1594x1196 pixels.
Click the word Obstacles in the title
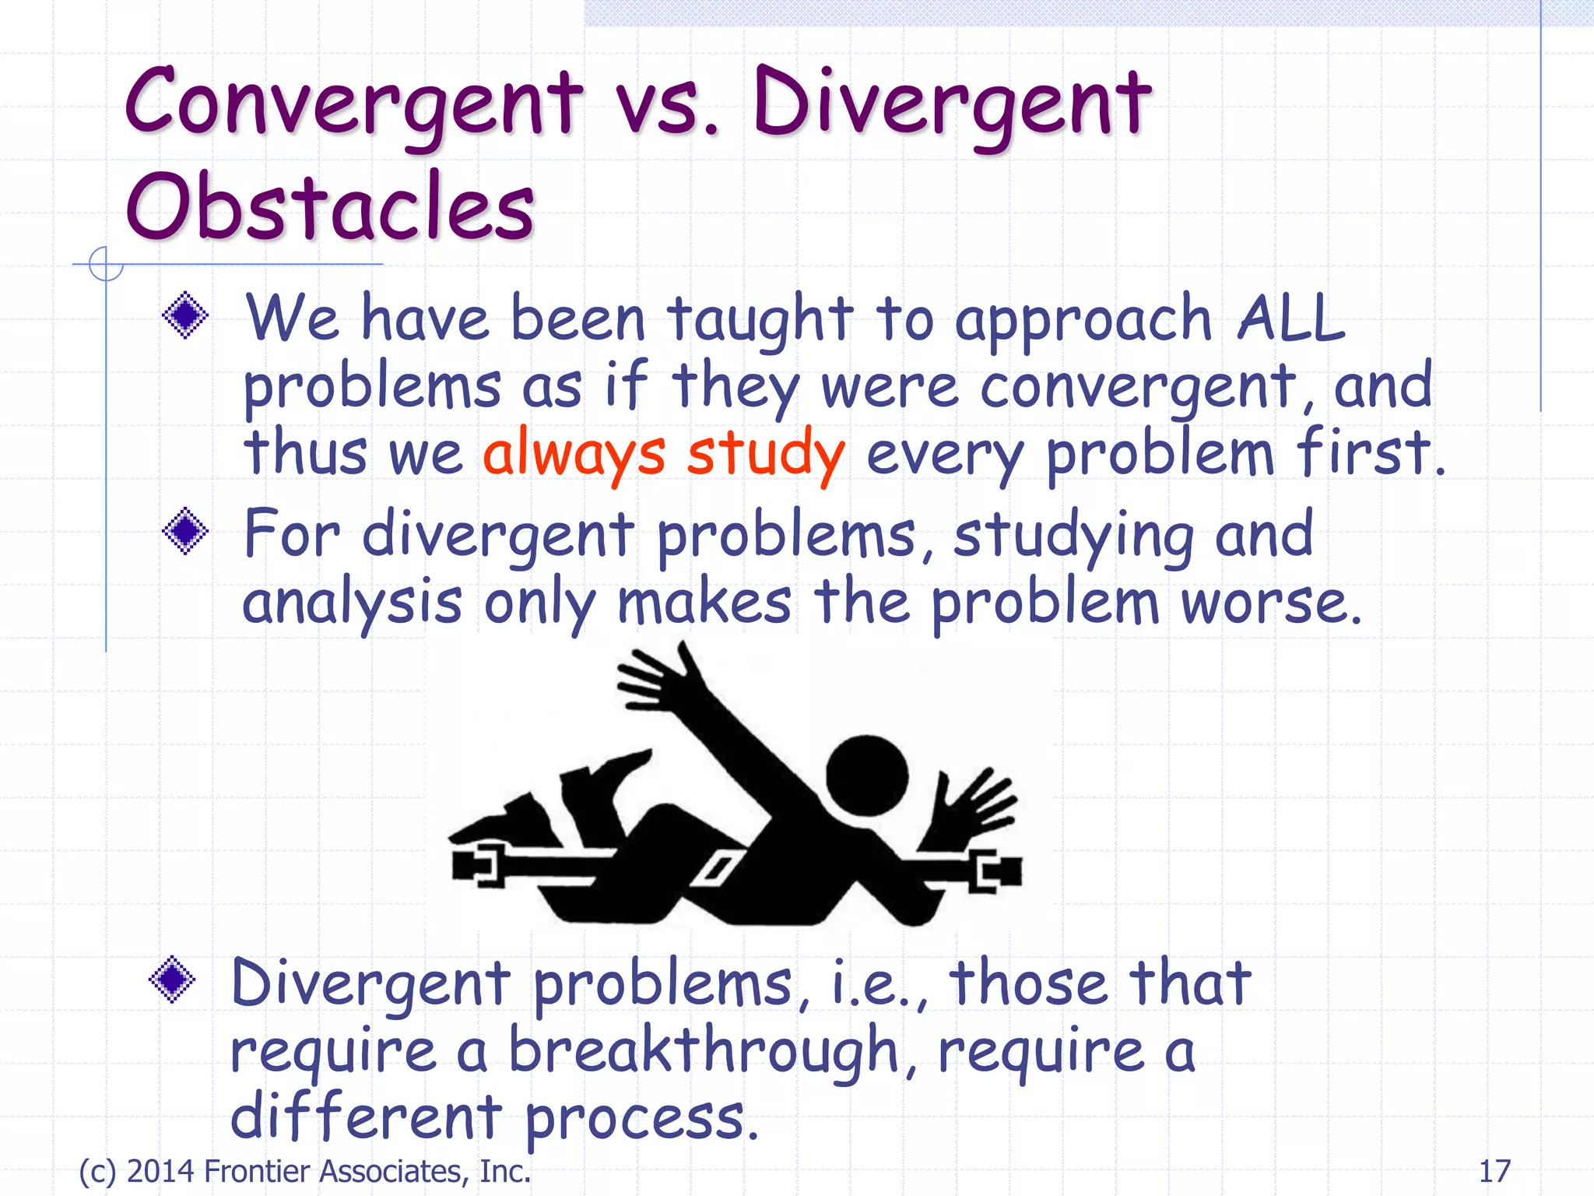[330, 207]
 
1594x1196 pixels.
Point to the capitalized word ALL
[1291, 319]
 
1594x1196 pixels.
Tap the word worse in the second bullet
[1270, 603]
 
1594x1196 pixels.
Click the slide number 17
[1494, 1171]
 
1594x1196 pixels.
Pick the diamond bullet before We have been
[185, 315]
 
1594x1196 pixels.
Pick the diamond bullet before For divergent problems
[185, 531]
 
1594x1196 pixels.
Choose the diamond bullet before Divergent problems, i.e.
[172, 980]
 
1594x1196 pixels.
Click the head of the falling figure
[866, 776]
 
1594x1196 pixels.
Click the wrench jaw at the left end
[476, 865]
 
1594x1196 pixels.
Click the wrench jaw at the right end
[995, 871]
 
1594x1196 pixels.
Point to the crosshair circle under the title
[105, 264]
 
